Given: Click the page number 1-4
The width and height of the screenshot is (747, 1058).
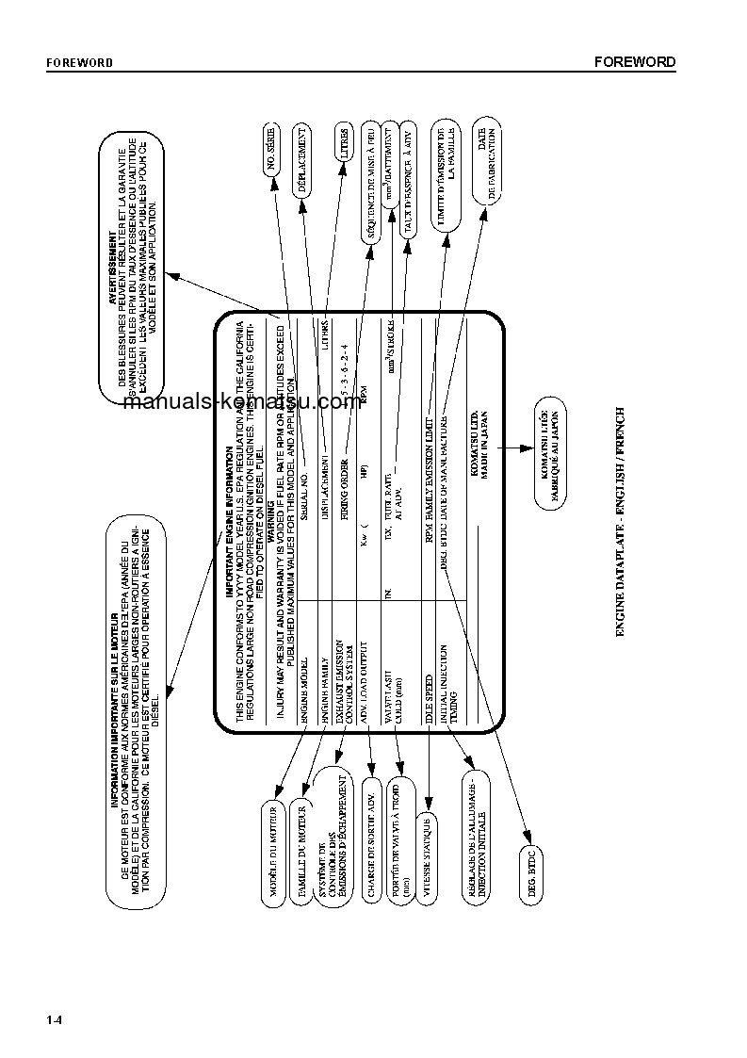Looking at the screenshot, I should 54,1021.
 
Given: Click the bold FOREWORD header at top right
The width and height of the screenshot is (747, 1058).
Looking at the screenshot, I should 635,62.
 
